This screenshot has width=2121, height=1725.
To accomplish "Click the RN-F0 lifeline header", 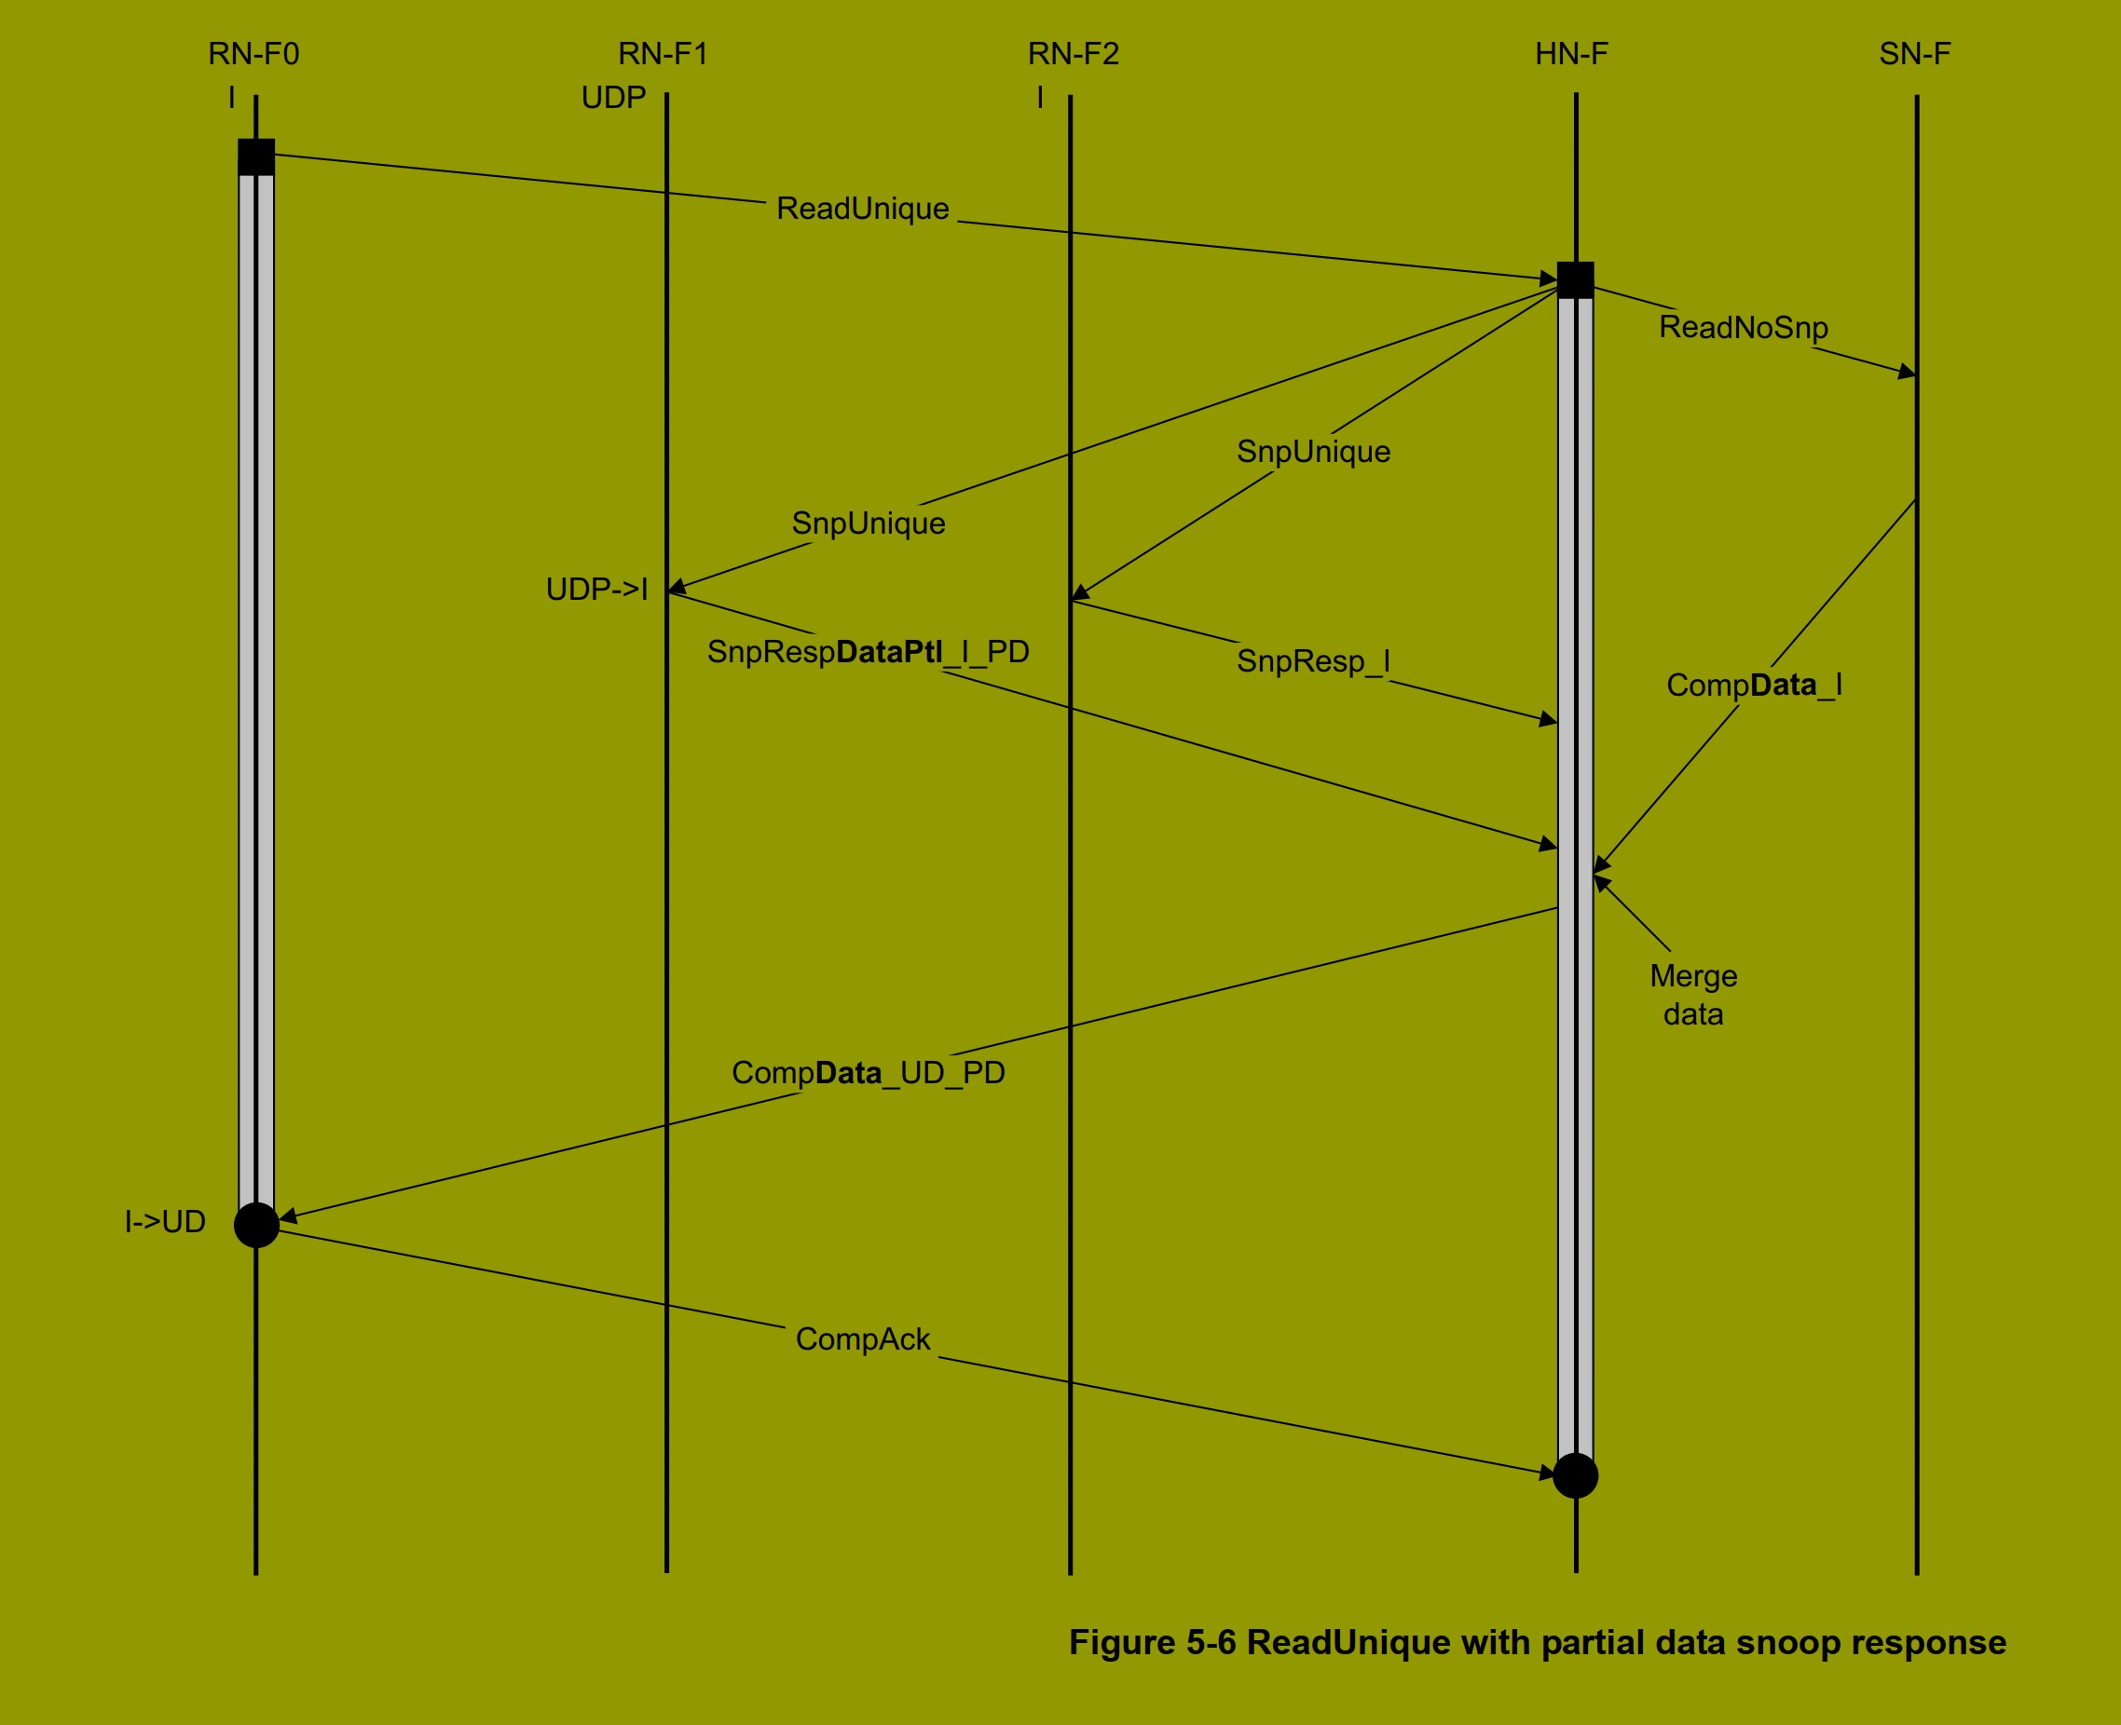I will coord(253,54).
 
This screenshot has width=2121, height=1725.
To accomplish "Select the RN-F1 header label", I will coord(663,54).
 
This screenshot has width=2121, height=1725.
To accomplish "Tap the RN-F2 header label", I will coord(1074,54).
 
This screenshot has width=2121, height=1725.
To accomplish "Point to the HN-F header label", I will coord(1571,54).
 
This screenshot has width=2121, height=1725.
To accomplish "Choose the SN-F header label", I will coord(1914,54).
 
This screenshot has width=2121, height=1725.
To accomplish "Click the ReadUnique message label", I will coord(862,209).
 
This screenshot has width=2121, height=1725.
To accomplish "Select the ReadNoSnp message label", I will coord(1744,327).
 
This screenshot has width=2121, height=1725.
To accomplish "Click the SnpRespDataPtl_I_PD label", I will coord(868,652).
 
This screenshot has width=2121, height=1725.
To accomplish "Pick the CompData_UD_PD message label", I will coord(868,1073).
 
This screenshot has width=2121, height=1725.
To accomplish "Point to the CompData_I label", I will coord(1754,685).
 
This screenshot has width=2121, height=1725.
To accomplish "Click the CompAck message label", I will coord(863,1339).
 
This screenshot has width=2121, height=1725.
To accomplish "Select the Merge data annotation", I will coord(1693,995).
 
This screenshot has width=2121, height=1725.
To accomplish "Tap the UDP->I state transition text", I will coord(596,590).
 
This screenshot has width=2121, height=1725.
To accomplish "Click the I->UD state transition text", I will coord(165,1222).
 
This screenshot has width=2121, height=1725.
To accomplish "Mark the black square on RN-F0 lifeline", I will coord(256,157).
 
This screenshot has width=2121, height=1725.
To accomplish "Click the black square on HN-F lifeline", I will coord(1575,280).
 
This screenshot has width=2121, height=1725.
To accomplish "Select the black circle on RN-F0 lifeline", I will coord(256,1225).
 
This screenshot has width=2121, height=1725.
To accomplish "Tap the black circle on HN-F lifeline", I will coord(1575,1475).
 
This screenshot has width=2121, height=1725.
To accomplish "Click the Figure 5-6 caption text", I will coord(1537,1642).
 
